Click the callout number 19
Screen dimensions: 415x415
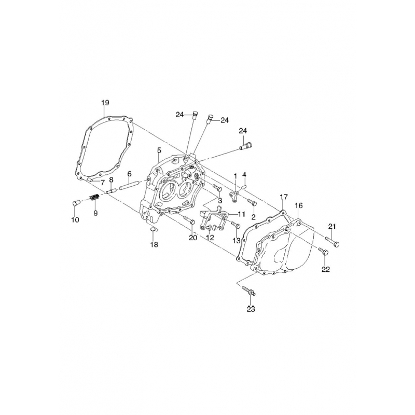click(105, 103)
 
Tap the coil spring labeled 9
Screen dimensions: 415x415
click(94, 198)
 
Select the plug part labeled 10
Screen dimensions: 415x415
click(76, 203)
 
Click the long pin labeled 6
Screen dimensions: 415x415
click(129, 185)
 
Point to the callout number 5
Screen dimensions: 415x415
click(159, 150)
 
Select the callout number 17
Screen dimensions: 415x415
click(283, 197)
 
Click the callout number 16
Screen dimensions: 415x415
click(299, 205)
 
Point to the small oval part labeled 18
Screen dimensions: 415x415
click(153, 230)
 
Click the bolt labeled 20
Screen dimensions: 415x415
click(189, 219)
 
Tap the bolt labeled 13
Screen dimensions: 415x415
click(236, 225)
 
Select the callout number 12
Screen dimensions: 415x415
click(210, 238)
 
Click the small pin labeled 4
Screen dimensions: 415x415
click(245, 187)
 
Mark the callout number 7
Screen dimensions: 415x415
click(102, 183)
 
